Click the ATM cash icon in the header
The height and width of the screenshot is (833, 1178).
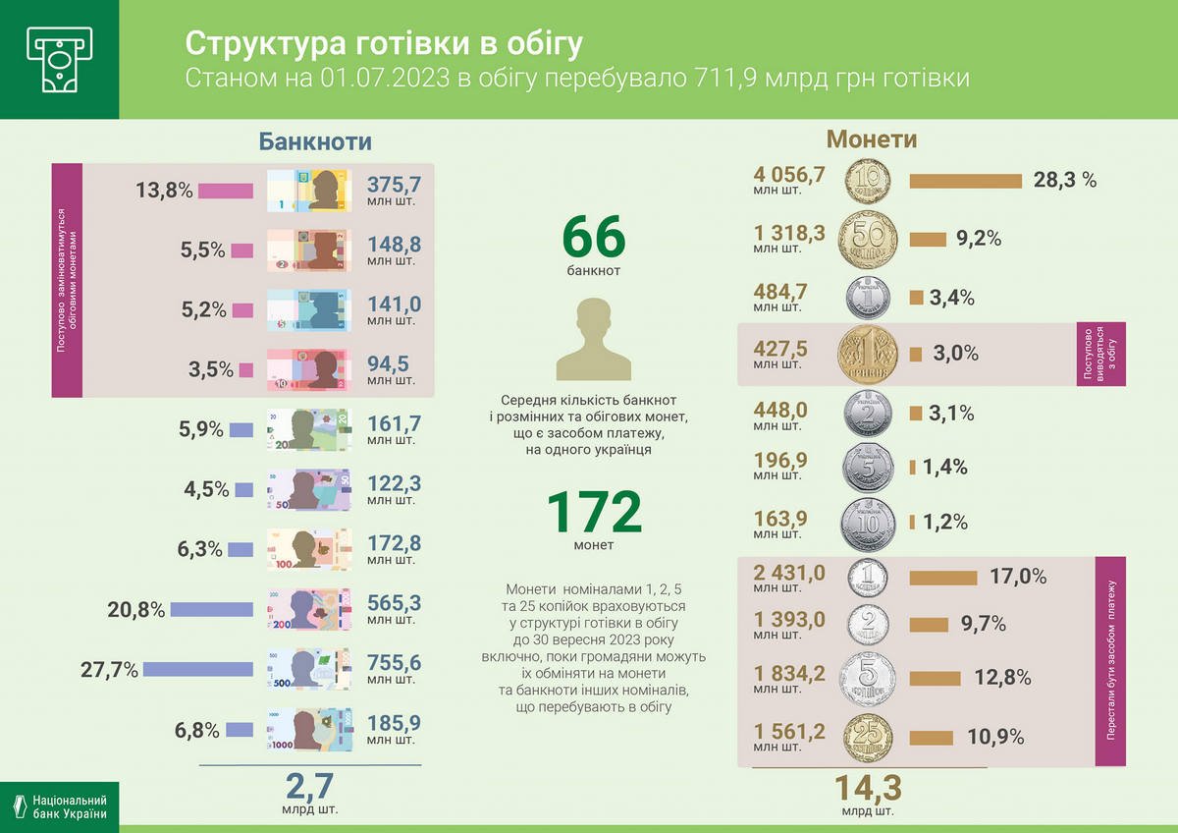point(59,59)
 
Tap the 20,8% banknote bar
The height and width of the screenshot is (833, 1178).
point(211,609)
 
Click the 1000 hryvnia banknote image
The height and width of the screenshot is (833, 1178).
point(307,730)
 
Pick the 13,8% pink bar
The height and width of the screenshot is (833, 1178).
point(225,191)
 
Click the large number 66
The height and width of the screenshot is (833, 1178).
point(593,238)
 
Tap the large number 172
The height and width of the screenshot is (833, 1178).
point(593,512)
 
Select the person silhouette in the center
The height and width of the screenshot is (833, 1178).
point(593,339)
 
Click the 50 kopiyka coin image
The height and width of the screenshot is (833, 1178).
point(868,239)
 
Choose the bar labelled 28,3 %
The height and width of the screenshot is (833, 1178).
point(966,181)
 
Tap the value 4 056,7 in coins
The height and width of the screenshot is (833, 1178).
point(789,175)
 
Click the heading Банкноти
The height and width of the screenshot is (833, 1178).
point(315,140)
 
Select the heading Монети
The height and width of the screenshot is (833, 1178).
point(872,139)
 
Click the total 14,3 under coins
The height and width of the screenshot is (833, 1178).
point(868,788)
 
